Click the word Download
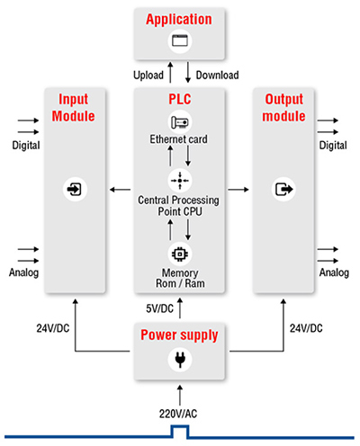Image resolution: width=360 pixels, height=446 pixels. pos(216,75)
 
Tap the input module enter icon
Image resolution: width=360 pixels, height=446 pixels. pos(73,190)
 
